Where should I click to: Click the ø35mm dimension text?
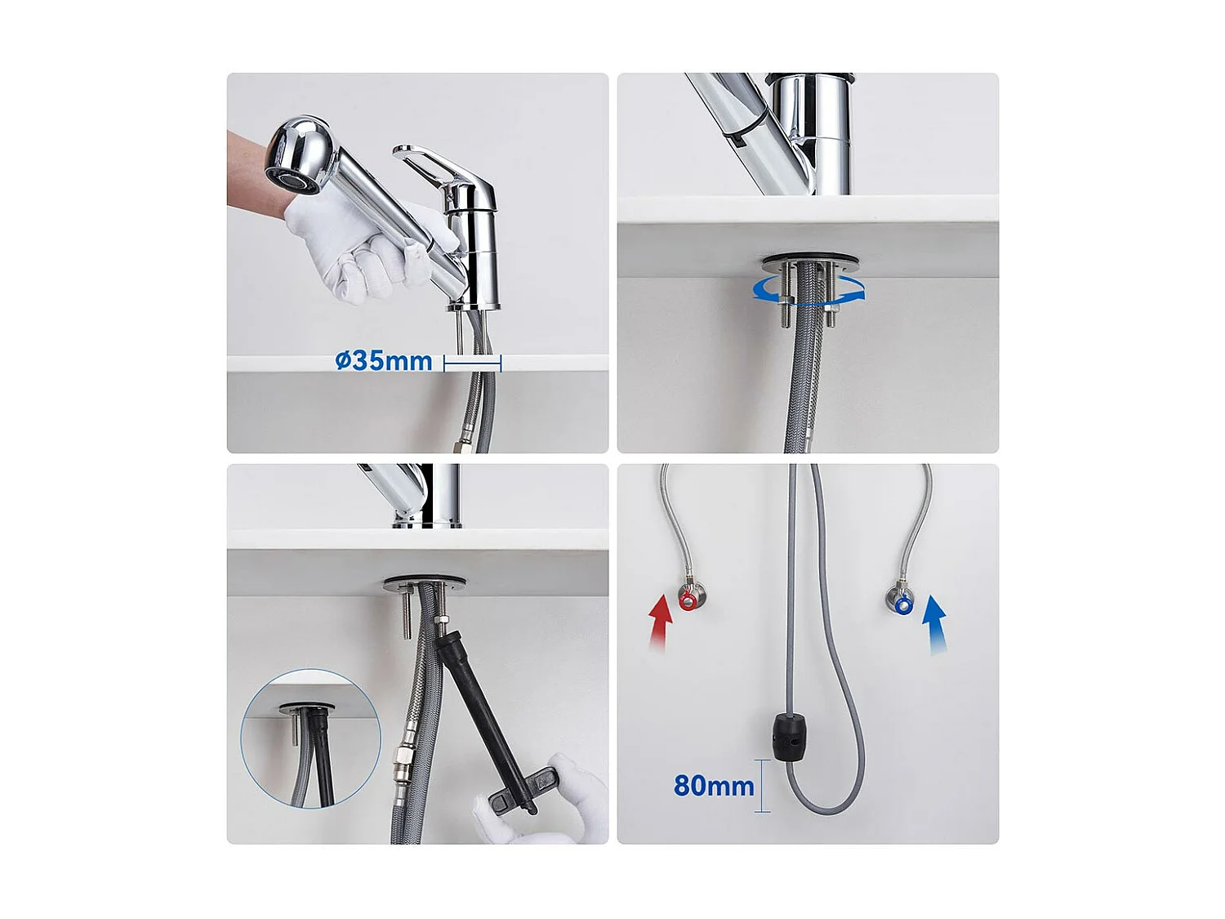[384, 360]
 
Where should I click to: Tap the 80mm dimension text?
[714, 786]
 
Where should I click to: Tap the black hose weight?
[790, 738]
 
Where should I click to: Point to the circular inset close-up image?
[310, 740]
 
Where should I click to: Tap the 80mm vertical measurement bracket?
[762, 786]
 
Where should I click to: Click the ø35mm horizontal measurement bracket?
[472, 364]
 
